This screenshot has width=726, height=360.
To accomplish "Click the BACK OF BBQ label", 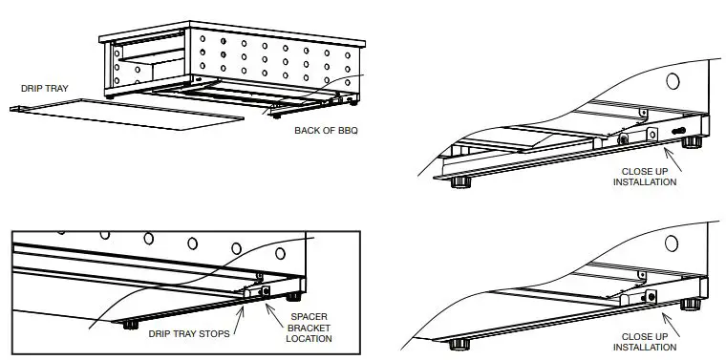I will (326, 130).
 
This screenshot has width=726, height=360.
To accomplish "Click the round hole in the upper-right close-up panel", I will (673, 82).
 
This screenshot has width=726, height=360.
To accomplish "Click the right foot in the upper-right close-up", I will (690, 143).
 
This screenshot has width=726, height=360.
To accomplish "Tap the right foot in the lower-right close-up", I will (690, 306).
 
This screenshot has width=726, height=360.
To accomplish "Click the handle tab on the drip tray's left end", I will (17, 108).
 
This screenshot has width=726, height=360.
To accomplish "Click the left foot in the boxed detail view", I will (126, 324).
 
